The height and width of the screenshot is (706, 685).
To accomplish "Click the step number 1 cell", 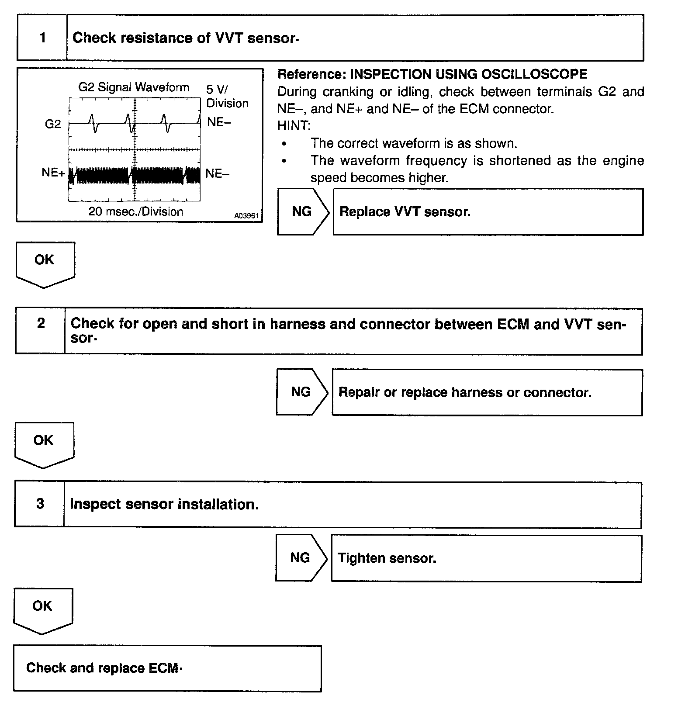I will [42, 38].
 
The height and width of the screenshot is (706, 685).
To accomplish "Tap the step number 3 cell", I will [40, 504].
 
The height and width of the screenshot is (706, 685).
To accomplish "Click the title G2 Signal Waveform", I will [134, 87].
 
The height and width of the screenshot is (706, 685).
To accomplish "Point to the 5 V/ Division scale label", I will [227, 97].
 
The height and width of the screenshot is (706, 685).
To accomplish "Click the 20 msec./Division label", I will [136, 212].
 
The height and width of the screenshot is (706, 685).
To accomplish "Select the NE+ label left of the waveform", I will [53, 173].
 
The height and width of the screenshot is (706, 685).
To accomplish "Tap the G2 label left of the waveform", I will [53, 125].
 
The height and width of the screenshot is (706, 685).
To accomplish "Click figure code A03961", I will [246, 216].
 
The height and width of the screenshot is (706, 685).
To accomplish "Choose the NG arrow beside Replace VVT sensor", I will [302, 212].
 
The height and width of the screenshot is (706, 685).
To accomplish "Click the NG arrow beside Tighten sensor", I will [300, 558].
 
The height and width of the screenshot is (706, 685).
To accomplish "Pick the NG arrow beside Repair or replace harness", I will [301, 392].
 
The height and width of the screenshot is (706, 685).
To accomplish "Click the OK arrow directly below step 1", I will [45, 262].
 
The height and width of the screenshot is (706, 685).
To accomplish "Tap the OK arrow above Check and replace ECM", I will [42, 608].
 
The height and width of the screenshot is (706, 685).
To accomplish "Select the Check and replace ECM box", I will [167, 668].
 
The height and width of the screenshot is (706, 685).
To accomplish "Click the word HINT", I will [294, 126].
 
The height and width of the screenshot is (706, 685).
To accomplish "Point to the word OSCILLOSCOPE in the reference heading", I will [534, 74].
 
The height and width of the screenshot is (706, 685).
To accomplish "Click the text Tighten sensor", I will [387, 558].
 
